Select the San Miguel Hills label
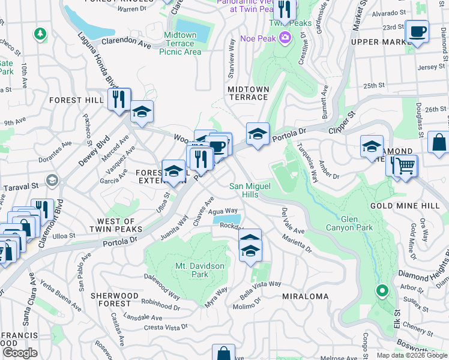pos(252,190)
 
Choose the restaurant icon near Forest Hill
pos(119,98)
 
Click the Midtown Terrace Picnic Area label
pos(180,43)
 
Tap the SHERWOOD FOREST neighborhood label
pos(114,300)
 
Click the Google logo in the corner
pos(20,352)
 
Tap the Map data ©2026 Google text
pos(411,355)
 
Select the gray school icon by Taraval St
pos(52,180)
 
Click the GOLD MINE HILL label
pos(409,206)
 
